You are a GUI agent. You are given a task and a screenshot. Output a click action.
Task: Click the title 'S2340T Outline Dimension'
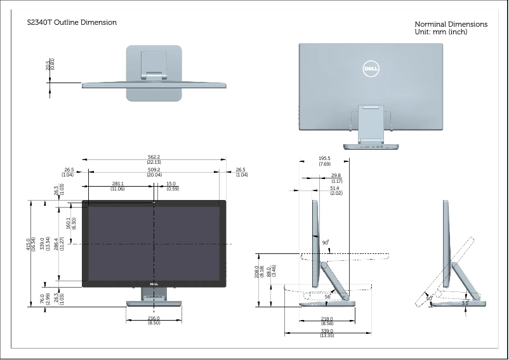coord(72,22)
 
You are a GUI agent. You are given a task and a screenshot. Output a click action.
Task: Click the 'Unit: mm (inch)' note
coord(440,32)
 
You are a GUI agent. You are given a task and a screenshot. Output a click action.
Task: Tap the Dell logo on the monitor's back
coord(370,68)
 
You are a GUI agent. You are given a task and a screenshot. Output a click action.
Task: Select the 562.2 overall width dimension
coord(154,159)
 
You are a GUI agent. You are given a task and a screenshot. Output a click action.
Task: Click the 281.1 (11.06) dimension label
coord(117,186)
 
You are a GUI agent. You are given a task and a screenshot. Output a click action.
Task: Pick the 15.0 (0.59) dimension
coord(171,186)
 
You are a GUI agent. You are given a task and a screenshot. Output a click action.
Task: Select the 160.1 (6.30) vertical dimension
coord(71,223)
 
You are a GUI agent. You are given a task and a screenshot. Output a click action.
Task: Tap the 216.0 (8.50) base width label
coord(154,321)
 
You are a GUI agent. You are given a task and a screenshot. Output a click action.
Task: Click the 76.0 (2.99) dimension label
coord(44,299)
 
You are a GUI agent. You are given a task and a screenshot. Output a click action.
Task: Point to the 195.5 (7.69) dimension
coord(324,161)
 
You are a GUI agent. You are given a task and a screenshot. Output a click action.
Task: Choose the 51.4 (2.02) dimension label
coord(336,190)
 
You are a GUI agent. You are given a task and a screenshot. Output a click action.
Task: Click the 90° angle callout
coord(325,243)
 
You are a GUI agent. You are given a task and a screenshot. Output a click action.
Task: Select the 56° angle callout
coord(327,297)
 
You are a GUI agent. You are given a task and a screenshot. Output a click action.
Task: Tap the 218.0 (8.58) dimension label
coord(327,321)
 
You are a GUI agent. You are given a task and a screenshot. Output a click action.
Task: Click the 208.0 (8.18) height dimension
coord(259,272)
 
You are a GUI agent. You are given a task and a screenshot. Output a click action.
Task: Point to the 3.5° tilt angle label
coord(465,303)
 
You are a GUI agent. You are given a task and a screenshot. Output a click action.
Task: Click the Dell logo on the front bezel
coord(153,285)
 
